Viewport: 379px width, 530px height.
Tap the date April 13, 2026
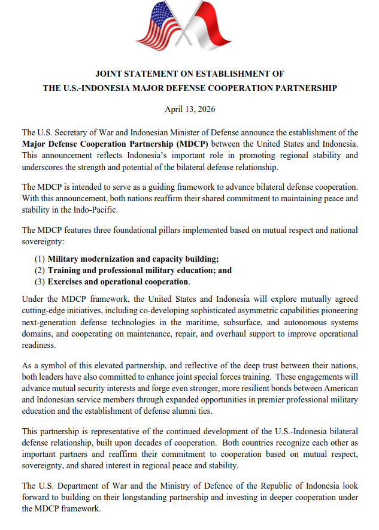tap(190, 109)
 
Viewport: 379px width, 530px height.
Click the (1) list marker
tap(40, 259)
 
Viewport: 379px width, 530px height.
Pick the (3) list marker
tap(40, 281)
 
